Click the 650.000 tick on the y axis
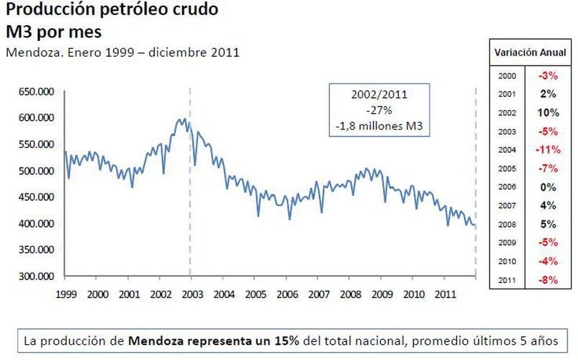35,91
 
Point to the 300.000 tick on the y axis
35,276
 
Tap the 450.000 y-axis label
35,197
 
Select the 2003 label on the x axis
191,294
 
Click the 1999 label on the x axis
66,294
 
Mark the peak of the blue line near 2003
184,119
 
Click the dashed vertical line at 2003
191,216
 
